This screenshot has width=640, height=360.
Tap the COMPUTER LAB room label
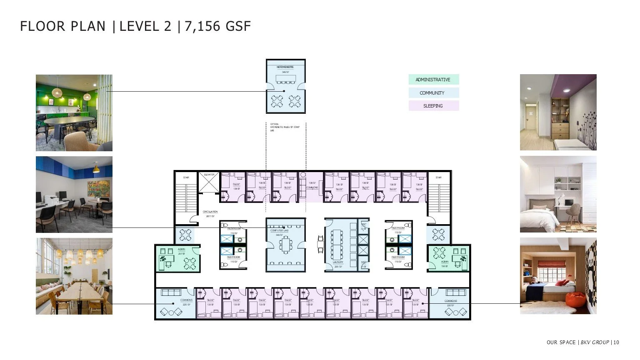pyautogui.click(x=277, y=230)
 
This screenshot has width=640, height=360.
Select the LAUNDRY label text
pyautogui.click(x=338, y=262)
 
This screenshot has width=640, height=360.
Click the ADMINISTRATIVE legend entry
pyautogui.click(x=433, y=80)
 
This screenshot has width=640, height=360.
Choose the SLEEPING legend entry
pyautogui.click(x=433, y=106)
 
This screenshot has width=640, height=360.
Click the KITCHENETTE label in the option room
pyautogui.click(x=285, y=67)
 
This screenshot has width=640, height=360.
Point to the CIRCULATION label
pyautogui.click(x=210, y=212)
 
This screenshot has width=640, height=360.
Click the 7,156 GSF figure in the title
pyautogui.click(x=217, y=27)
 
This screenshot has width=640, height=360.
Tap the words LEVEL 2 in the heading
pyautogui.click(x=145, y=27)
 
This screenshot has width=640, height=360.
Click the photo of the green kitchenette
pyautogui.click(x=74, y=113)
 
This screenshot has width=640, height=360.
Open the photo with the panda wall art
pyautogui.click(x=558, y=276)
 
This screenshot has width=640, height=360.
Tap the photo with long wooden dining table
pyautogui.click(x=74, y=276)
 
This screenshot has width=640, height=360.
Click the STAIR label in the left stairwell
pyautogui.click(x=186, y=178)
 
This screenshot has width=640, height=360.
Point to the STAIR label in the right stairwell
pyautogui.click(x=439, y=178)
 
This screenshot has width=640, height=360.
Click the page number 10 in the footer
pyautogui.click(x=616, y=342)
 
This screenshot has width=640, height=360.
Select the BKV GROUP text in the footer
pyautogui.click(x=595, y=342)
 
